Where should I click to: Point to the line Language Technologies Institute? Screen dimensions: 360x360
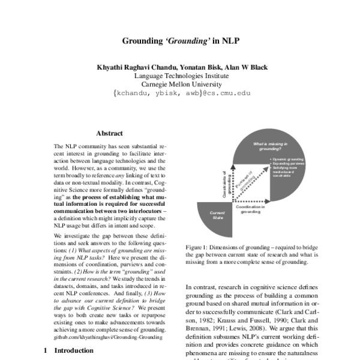tap(180, 76)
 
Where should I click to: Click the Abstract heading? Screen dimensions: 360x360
tap(109, 133)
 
